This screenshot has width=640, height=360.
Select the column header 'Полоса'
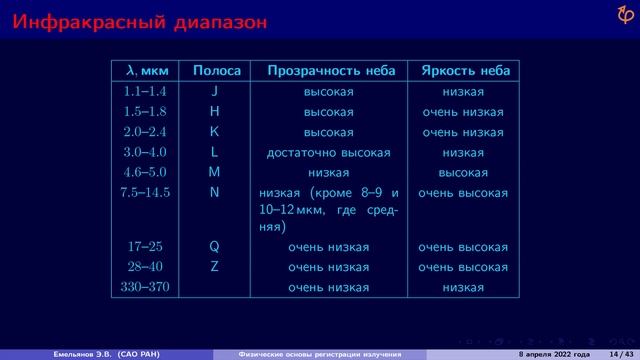(x=216, y=71)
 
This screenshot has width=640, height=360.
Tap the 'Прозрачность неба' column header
(x=331, y=71)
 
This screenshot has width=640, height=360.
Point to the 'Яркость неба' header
(x=466, y=71)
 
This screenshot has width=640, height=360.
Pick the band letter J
(x=214, y=92)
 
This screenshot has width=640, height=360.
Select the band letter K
(x=214, y=132)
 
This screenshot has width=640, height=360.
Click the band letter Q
(x=214, y=247)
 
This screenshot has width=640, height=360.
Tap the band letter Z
(x=214, y=267)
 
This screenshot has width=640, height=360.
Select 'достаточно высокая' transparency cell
(x=328, y=153)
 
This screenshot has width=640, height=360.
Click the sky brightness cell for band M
(x=463, y=172)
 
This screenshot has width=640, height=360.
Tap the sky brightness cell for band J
(x=463, y=92)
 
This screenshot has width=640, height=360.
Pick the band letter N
(x=214, y=192)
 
